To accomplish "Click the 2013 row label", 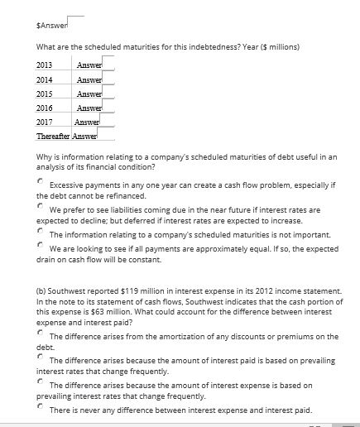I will (x=45, y=65).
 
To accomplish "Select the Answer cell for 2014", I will (x=88, y=79).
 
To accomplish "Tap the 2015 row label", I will (x=45, y=94).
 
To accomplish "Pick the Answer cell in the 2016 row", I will (x=88, y=108).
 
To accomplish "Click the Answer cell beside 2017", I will (x=88, y=122).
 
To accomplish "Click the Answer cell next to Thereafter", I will (x=85, y=136).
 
